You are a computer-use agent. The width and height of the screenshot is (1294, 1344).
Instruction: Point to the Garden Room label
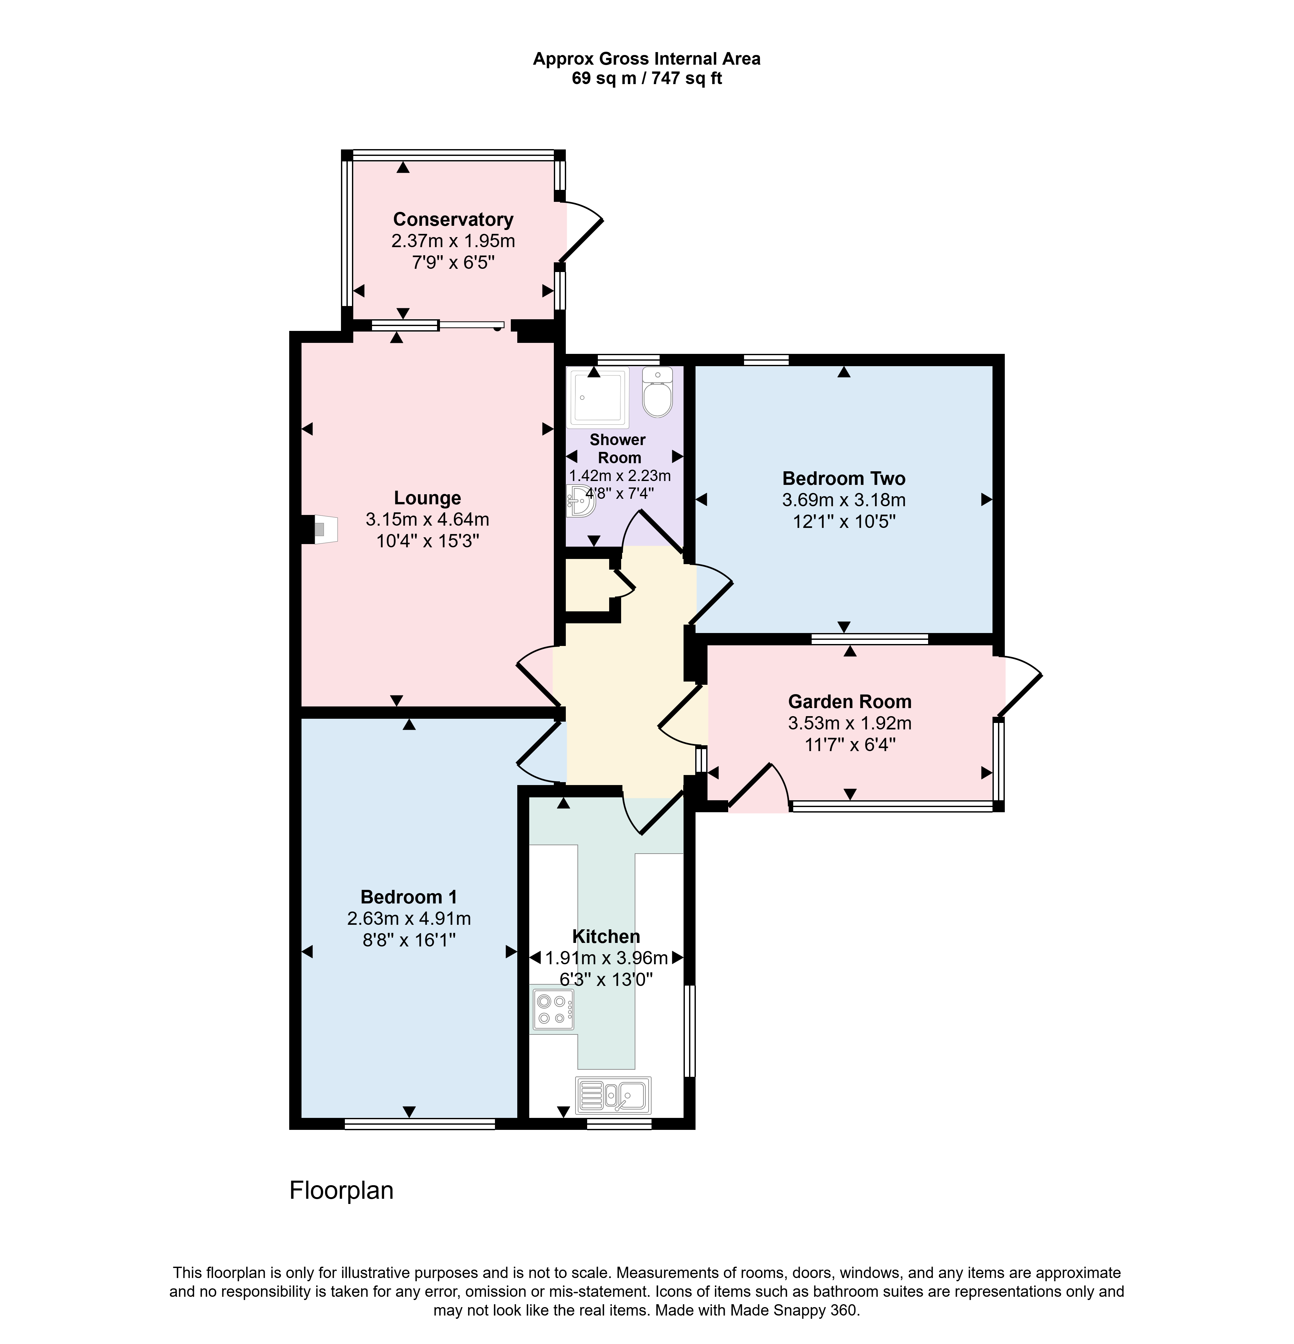click(850, 702)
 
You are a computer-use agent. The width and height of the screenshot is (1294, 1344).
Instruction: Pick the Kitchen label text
click(606, 937)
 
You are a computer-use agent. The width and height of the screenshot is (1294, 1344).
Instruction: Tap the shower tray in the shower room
click(598, 398)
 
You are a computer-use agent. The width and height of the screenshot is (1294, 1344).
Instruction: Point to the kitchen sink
click(613, 1095)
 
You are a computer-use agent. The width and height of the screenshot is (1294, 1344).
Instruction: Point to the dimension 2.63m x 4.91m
click(409, 918)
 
